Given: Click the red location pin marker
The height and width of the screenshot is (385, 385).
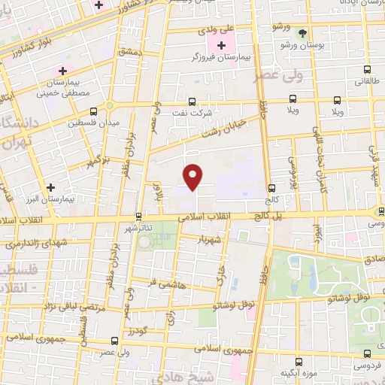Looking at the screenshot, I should (x=194, y=176).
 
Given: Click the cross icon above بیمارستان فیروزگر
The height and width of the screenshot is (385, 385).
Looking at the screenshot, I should (x=221, y=45).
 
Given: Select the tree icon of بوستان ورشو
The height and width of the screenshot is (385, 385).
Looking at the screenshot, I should (x=302, y=34).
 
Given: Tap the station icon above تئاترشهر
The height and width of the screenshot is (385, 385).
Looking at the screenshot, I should (x=138, y=215).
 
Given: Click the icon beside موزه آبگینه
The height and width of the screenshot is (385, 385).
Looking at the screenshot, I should (x=299, y=362).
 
